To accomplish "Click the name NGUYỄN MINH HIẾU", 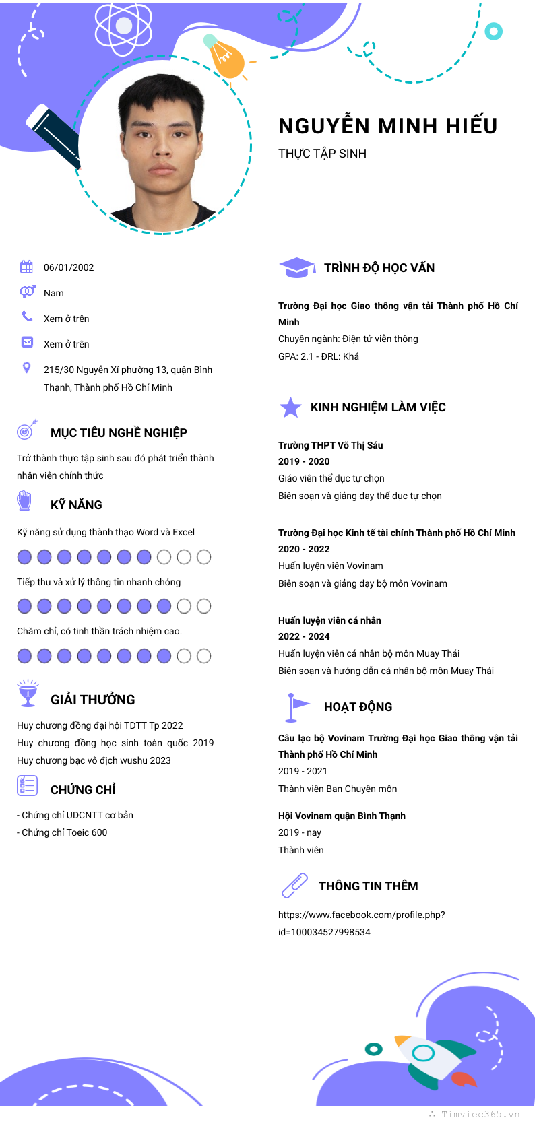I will click(x=387, y=126).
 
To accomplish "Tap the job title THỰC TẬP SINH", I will click(x=322, y=154).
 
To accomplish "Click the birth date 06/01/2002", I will click(x=69, y=267).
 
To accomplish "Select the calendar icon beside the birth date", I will click(x=26, y=267).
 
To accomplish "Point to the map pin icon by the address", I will click(x=26, y=368).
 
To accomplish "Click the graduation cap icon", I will click(x=296, y=267).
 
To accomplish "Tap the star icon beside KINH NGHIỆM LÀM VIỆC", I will click(x=290, y=407).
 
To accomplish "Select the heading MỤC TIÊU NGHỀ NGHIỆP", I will click(x=119, y=433).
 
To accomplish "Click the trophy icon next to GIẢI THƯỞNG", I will click(x=28, y=694).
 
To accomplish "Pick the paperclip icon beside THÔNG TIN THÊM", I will click(x=294, y=886).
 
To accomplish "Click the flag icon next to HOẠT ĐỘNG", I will click(x=296, y=706).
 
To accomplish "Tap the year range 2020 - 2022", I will click(x=304, y=549).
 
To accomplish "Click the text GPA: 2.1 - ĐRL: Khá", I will click(x=319, y=356).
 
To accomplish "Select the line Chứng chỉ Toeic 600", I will click(x=64, y=832).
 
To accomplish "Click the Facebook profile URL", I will click(x=361, y=923).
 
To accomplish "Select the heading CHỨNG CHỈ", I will click(x=83, y=789).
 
